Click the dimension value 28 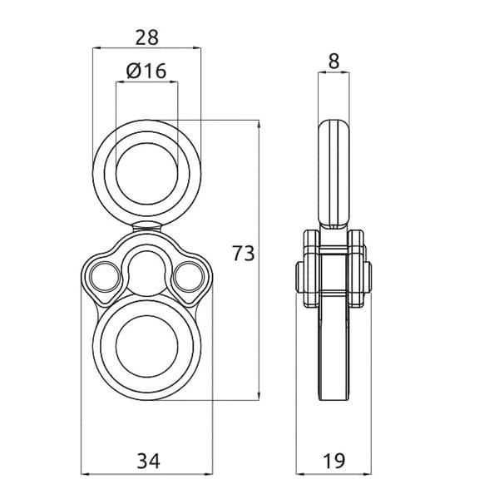tap(146, 37)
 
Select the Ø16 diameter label tap(146, 71)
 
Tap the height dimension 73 tap(244, 254)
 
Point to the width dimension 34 tap(148, 461)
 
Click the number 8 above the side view tap(333, 61)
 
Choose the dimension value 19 tap(333, 460)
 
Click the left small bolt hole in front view tap(105, 277)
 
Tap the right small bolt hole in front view tap(190, 277)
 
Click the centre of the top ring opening tap(147, 174)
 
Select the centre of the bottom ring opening tap(147, 346)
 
